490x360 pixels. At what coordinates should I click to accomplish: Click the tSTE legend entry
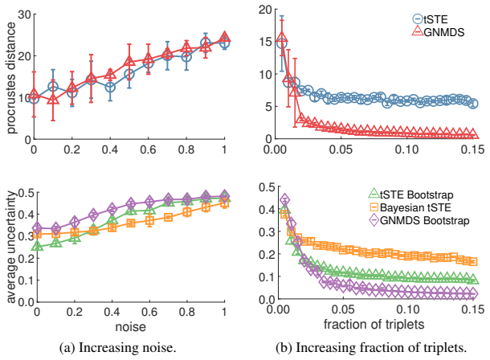click(430, 19)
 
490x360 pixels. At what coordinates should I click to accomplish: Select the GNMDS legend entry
click(438, 31)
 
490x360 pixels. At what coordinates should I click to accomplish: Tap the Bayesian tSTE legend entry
click(410, 207)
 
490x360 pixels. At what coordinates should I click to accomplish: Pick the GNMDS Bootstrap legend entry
click(419, 220)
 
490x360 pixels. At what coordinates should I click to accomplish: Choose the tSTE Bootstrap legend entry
click(411, 194)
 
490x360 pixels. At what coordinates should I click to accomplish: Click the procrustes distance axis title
click(10, 78)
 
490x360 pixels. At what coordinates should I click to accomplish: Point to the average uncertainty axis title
click(10, 247)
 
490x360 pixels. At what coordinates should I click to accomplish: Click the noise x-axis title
click(131, 326)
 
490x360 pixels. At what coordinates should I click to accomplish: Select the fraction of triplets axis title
click(374, 324)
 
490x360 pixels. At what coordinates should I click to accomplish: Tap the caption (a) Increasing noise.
click(118, 347)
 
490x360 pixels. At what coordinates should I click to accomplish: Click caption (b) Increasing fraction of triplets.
click(371, 347)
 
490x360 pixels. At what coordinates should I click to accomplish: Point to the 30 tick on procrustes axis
click(25, 14)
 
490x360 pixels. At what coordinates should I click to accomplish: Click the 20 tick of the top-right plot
click(266, 9)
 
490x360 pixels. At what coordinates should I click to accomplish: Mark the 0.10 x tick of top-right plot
click(407, 149)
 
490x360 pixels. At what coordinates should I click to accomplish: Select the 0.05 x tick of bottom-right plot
click(343, 309)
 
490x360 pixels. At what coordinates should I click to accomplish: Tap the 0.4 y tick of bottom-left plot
click(27, 215)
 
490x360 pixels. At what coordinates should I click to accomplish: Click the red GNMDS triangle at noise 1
click(224, 37)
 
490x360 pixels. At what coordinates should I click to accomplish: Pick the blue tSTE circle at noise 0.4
click(110, 87)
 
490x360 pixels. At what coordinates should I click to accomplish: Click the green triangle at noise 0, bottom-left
click(38, 247)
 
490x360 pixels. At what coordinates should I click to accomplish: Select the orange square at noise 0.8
click(187, 212)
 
